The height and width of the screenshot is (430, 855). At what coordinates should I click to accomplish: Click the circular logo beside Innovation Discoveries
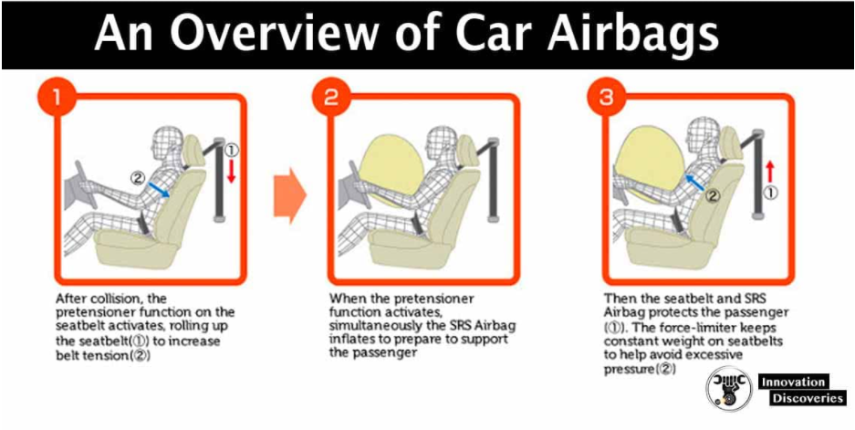[726, 391]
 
